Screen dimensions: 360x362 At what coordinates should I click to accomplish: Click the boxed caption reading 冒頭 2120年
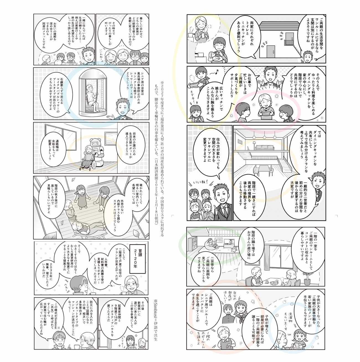[138, 259]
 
